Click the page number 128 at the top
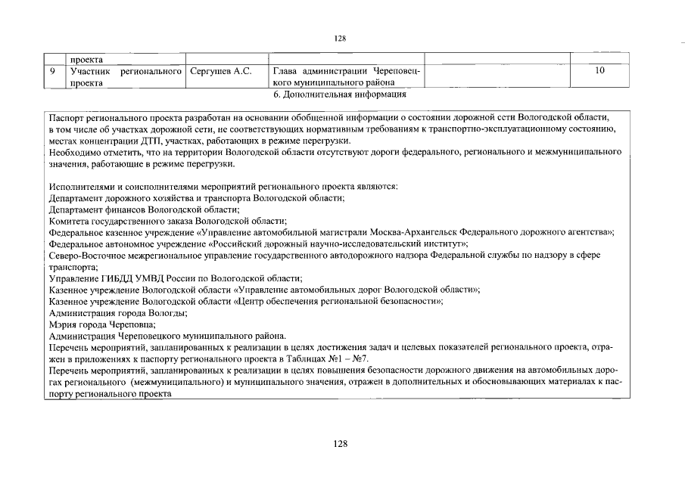pyautogui.click(x=339, y=37)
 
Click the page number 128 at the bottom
pyautogui.click(x=340, y=444)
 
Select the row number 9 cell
pyautogui.click(x=51, y=72)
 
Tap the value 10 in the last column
pyautogui.click(x=599, y=72)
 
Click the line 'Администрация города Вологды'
pyautogui.click(x=118, y=312)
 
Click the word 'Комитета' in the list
pyautogui.click(x=70, y=221)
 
